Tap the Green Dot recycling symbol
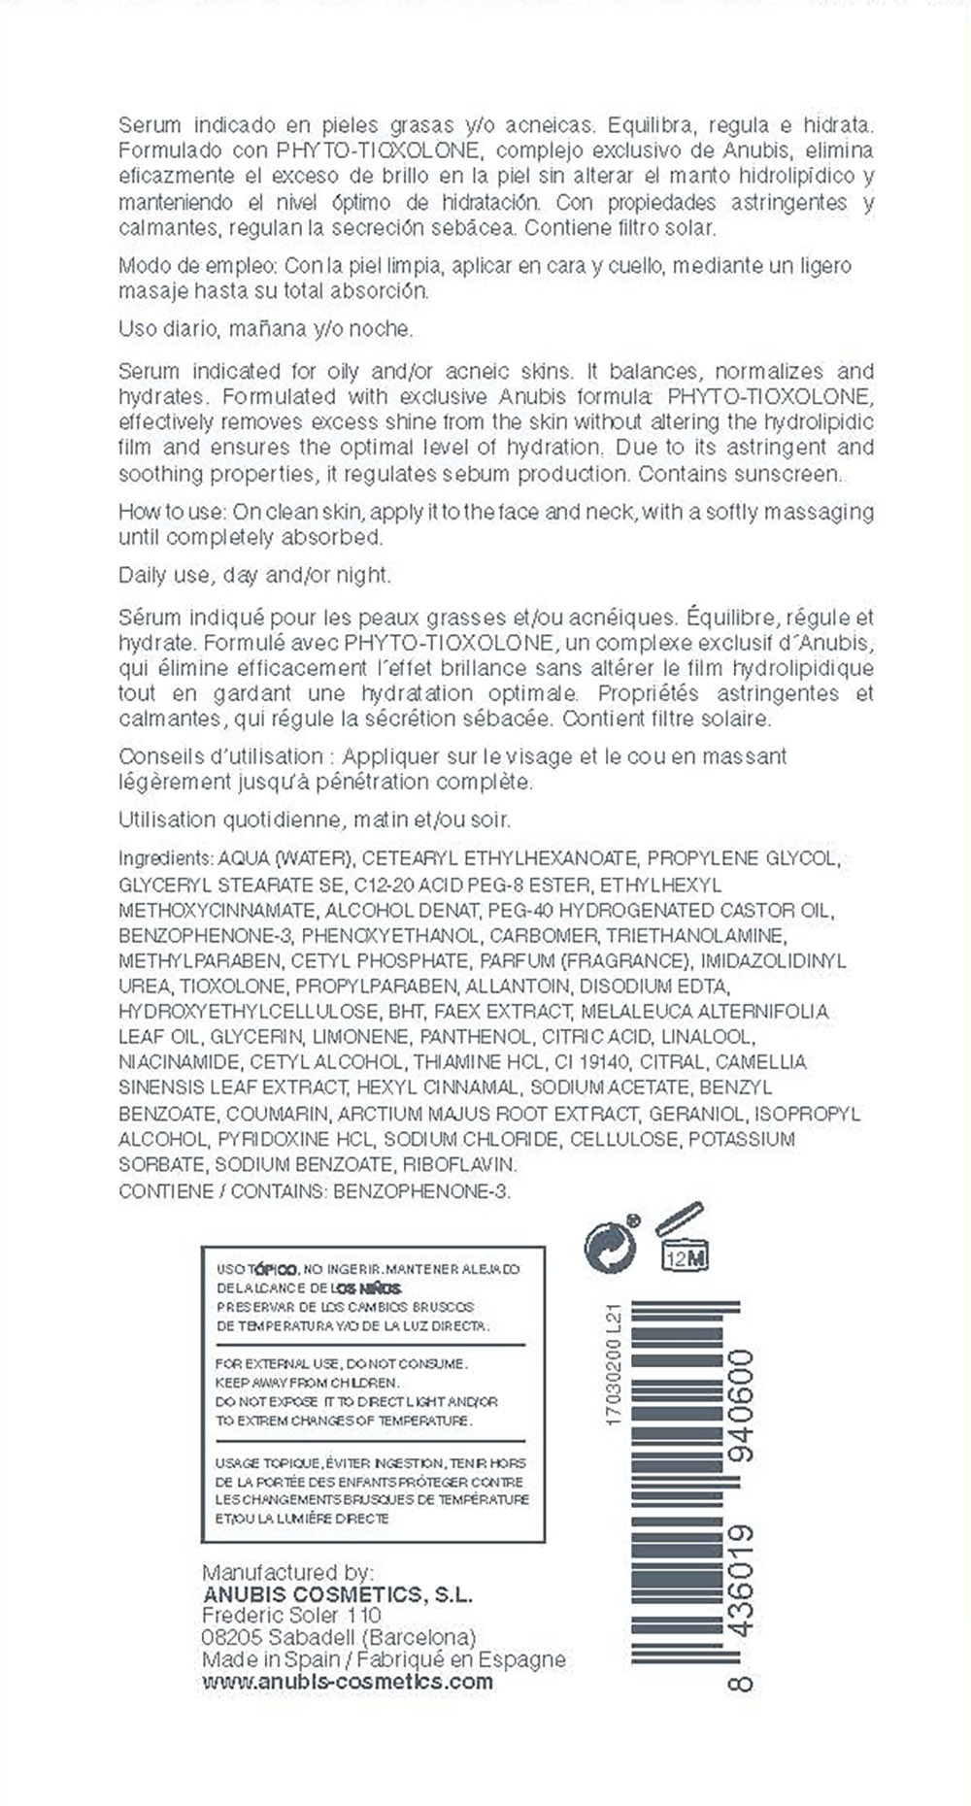(x=611, y=1244)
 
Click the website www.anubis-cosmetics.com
(x=348, y=1682)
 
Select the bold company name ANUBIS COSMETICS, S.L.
(x=337, y=1594)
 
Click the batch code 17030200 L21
(x=613, y=1365)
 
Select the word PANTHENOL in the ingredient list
(x=475, y=1037)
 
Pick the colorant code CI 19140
(x=585, y=1062)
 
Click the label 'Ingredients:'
(x=165, y=858)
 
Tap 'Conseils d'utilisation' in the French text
(x=221, y=756)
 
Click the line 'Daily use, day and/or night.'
(x=254, y=575)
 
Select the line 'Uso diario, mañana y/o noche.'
(x=265, y=329)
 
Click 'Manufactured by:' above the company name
(x=287, y=1572)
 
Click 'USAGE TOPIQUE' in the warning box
(x=261, y=1463)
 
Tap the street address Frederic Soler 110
(x=291, y=1616)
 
